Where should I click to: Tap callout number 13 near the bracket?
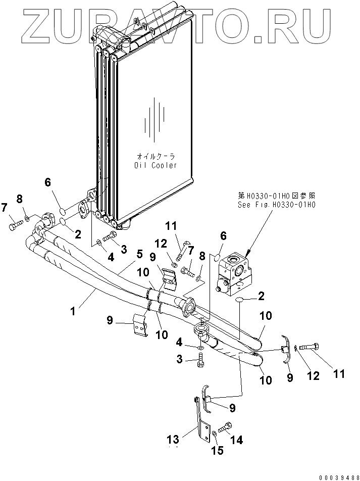coord(173,440)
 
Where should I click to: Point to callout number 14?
coord(236,440)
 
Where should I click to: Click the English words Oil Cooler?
coord(156,166)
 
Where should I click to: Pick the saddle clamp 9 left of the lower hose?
coord(141,325)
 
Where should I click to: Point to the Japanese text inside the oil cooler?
coord(156,156)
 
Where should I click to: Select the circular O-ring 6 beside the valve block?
coord(218,257)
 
